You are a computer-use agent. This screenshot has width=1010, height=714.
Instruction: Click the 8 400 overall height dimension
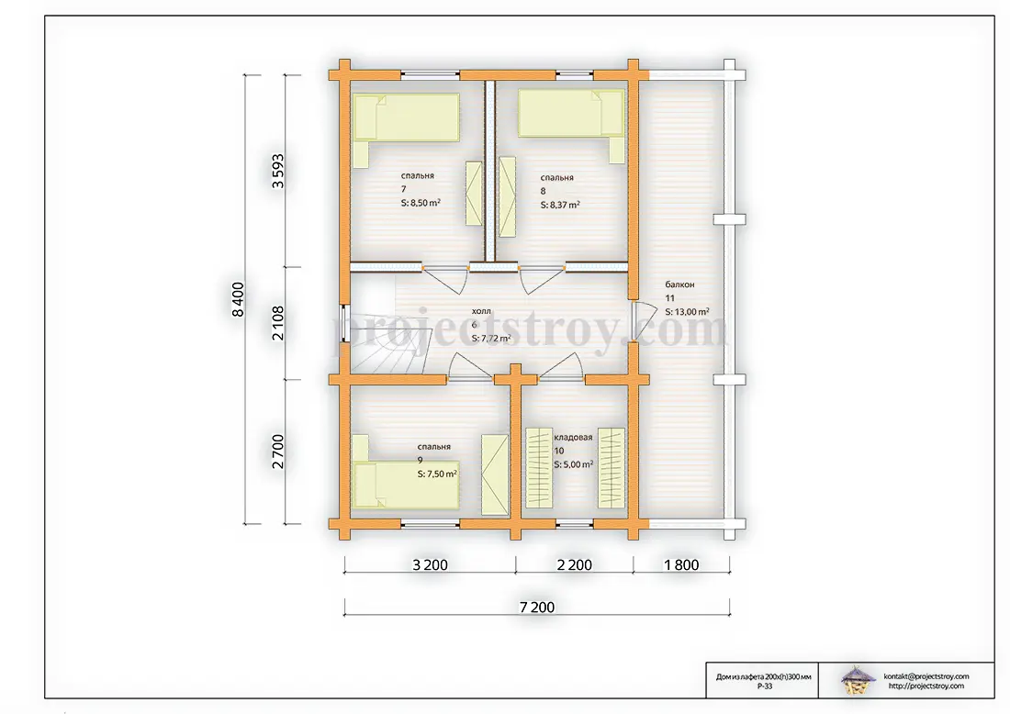point(239,299)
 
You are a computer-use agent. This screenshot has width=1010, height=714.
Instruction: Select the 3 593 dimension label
point(277,171)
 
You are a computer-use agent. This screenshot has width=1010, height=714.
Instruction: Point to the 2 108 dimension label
point(277,323)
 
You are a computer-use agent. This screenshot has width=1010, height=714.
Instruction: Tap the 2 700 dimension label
point(277,452)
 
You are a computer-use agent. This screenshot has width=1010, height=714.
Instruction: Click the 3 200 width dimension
point(431,564)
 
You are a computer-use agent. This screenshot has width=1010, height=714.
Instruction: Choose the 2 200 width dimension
point(575,564)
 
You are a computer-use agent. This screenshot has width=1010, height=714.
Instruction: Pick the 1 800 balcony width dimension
point(681,564)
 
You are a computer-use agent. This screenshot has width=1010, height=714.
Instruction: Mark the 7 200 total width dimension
point(537,608)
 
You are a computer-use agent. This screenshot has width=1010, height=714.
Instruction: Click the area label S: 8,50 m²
point(421,203)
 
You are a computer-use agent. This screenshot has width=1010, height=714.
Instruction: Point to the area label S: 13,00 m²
point(688,312)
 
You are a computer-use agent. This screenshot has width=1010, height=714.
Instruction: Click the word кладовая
point(573,437)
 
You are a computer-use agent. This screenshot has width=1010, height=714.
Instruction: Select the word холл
point(481,312)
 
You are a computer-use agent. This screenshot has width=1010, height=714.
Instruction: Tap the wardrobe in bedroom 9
point(495,474)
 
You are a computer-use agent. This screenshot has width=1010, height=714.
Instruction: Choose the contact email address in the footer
point(926,676)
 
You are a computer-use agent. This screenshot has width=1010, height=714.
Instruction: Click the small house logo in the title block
point(858,680)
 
